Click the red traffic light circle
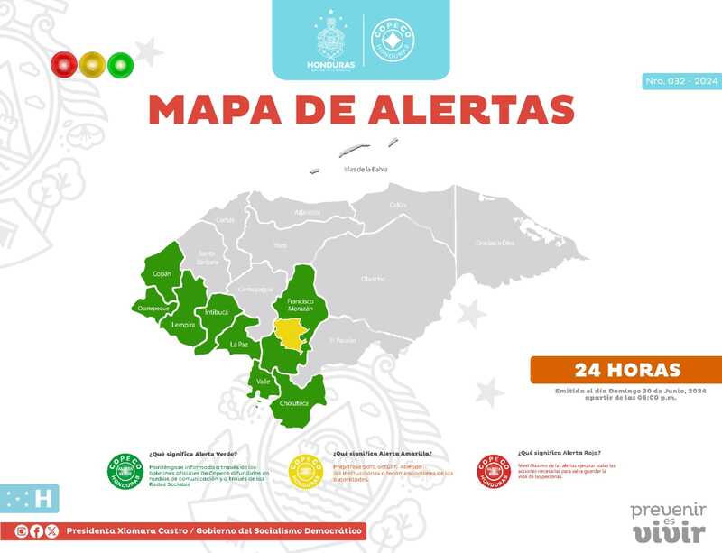(x=64, y=64)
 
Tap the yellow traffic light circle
(x=92, y=64)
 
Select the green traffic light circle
(x=120, y=64)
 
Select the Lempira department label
(x=183, y=324)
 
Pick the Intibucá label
(x=217, y=311)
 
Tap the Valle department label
(x=264, y=382)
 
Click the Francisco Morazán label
(x=300, y=305)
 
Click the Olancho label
(x=373, y=280)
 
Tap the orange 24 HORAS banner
(x=627, y=370)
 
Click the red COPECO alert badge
(x=494, y=469)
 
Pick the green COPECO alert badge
(x=125, y=469)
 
